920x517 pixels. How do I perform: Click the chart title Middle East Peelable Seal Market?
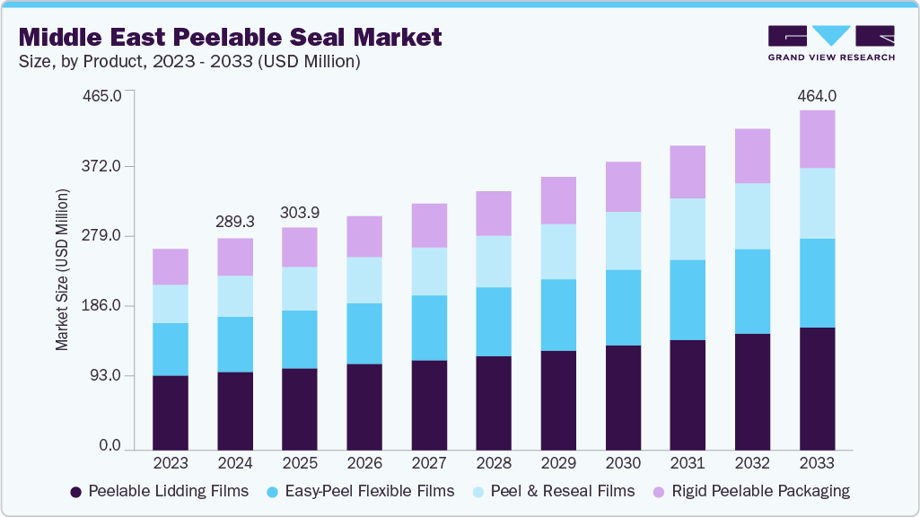pyautogui.click(x=231, y=37)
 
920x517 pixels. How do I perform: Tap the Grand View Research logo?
pyautogui.click(x=831, y=43)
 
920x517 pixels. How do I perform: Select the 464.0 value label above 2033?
pyautogui.click(x=817, y=96)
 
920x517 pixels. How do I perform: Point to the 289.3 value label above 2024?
pyautogui.click(x=235, y=222)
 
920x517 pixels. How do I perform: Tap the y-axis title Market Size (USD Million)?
pyautogui.click(x=62, y=269)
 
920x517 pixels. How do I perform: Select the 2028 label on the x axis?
pyautogui.click(x=494, y=463)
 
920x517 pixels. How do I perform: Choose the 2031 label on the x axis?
pyautogui.click(x=688, y=463)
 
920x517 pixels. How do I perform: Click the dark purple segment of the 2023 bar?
pyautogui.click(x=171, y=412)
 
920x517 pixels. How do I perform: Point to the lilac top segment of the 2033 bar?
pyautogui.click(x=817, y=139)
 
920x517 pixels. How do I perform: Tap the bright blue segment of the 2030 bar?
pyautogui.click(x=623, y=307)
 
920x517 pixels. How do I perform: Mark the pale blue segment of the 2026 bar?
pyautogui.click(x=364, y=280)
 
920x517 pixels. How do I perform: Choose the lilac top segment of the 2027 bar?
pyautogui.click(x=429, y=225)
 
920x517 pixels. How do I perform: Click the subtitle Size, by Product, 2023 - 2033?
pyautogui.click(x=189, y=61)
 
